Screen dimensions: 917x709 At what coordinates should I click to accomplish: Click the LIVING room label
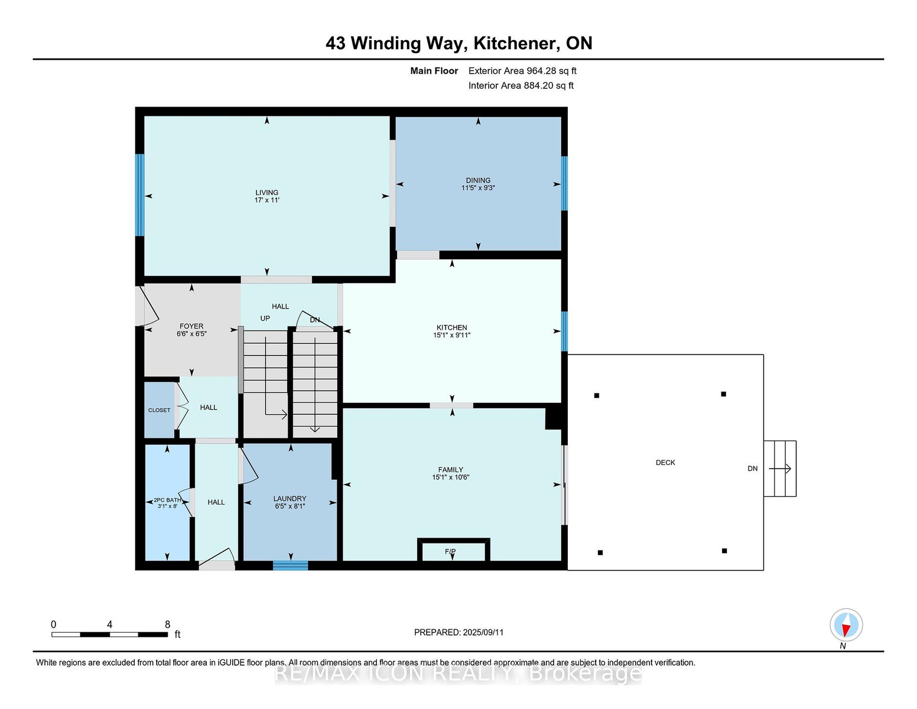click(x=266, y=193)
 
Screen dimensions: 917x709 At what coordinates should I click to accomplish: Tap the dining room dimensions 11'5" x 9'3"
click(x=477, y=188)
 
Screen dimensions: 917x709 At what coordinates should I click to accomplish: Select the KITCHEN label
click(x=451, y=327)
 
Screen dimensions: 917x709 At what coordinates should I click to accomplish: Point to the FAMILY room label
click(x=451, y=470)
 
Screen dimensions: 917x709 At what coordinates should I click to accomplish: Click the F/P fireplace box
click(x=454, y=550)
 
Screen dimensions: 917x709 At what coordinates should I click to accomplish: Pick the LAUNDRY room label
click(x=290, y=499)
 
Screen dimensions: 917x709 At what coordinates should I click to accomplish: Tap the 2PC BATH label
click(x=167, y=500)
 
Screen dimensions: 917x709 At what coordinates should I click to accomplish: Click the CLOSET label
click(x=159, y=410)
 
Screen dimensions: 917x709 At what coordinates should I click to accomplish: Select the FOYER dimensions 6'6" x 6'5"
click(x=191, y=334)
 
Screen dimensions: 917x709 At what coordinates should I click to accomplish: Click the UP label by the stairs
click(x=265, y=318)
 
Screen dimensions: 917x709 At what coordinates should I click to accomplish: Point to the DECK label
click(x=665, y=463)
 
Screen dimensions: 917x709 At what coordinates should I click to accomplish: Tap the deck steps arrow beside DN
click(x=780, y=469)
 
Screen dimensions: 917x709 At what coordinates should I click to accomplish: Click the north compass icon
click(x=846, y=625)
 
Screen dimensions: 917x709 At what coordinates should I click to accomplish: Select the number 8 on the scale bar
click(x=168, y=625)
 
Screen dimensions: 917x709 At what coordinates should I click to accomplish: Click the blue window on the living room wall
click(x=139, y=195)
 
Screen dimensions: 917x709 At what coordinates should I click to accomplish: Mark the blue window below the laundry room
click(x=290, y=565)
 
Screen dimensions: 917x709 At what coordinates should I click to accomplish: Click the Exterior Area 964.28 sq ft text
click(x=522, y=71)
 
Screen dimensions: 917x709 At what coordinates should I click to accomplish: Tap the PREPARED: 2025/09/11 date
click(x=458, y=632)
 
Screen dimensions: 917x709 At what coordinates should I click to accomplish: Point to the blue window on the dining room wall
click(x=564, y=183)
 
